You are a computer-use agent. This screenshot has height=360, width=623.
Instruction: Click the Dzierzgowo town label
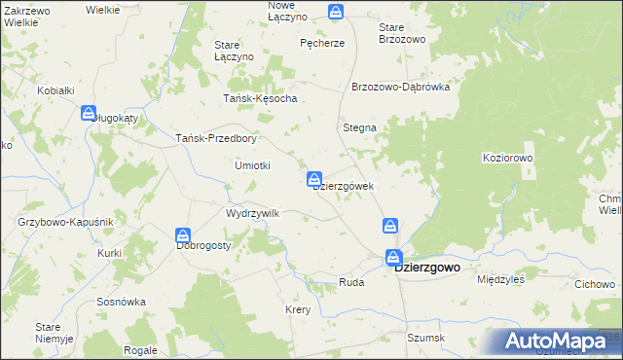[427, 267]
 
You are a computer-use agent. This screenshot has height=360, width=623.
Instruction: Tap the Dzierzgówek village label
[344, 187]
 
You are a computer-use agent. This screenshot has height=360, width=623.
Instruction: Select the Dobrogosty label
[203, 246]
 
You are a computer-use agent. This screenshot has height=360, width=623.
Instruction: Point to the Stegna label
[360, 127]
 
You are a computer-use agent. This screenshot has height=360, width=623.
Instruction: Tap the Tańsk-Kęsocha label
[260, 98]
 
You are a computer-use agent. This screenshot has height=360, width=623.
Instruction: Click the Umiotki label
[252, 165]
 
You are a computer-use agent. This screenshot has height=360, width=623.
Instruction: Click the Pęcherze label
[322, 43]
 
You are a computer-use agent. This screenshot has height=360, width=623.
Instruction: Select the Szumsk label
[426, 338]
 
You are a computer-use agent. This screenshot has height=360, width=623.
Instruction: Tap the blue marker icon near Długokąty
[89, 113]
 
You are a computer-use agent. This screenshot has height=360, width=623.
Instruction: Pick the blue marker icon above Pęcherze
[336, 12]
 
